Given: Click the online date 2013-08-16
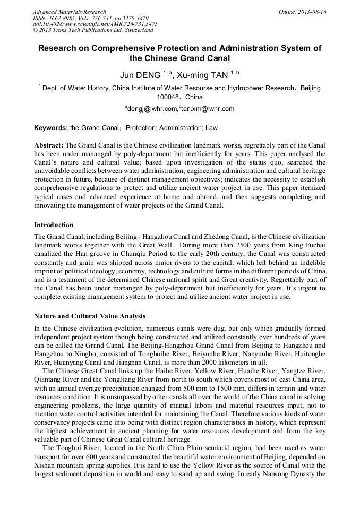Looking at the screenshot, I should click(313, 12).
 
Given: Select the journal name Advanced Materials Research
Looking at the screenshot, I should click(69, 12).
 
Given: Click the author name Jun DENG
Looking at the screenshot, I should click(140, 75).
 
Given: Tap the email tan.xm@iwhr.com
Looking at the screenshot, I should click(208, 109).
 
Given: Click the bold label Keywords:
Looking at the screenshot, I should click(51, 128).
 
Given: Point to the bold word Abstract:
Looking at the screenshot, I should click(49, 145).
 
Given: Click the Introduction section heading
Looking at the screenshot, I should click(54, 225).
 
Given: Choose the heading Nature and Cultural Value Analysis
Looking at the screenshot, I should click(89, 316).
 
